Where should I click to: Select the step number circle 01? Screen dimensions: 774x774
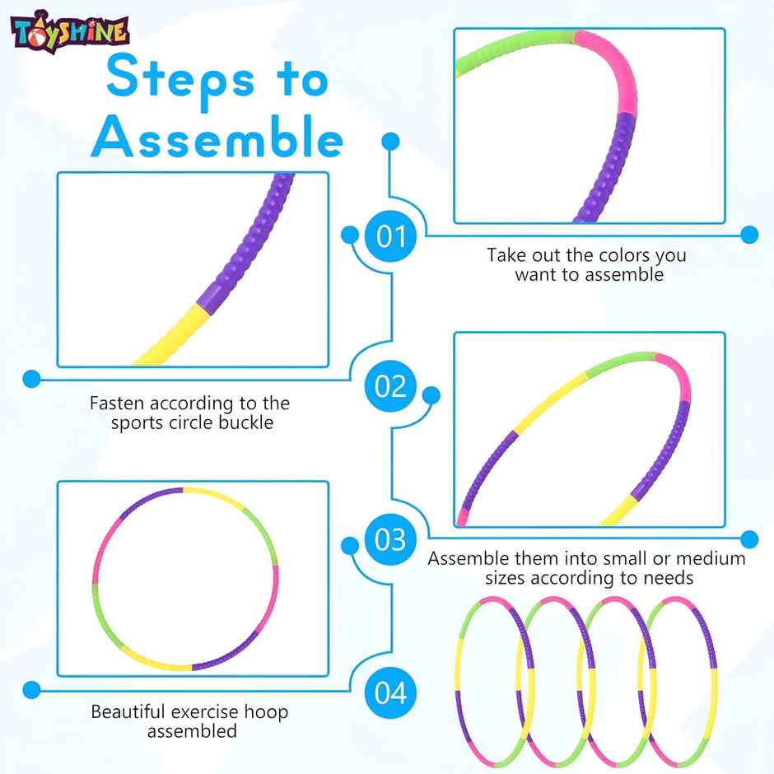coord(391,237)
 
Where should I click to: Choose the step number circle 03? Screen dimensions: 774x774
coord(391,540)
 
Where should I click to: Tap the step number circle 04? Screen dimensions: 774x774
coord(391,692)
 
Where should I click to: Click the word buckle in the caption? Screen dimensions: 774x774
coord(245,423)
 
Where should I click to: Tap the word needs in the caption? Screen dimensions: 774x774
coord(666,578)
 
